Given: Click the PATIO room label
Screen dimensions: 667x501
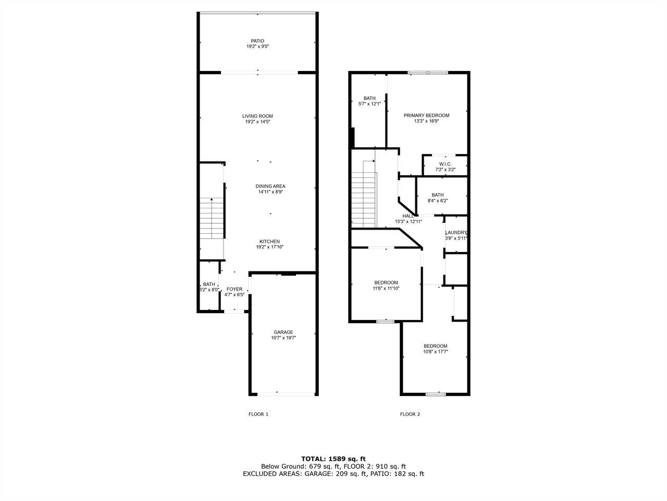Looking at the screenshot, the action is point(257,41).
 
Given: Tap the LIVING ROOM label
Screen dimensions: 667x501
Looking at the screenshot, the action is point(257,116).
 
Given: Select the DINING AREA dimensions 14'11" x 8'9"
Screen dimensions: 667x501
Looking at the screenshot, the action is point(270,192).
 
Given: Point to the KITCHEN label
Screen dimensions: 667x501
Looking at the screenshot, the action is point(269,241).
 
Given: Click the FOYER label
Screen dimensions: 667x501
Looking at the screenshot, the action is point(234,289).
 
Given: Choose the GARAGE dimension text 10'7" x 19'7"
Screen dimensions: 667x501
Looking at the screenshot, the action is point(283,338).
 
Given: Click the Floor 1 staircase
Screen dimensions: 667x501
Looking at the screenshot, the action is point(212,219).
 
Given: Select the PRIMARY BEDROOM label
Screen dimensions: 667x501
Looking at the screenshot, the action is point(426,115).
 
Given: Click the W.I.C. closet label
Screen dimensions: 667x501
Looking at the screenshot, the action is point(445,164).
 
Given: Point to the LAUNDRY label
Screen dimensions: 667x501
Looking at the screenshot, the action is point(456,232).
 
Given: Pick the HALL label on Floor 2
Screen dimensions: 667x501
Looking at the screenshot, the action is point(408,216).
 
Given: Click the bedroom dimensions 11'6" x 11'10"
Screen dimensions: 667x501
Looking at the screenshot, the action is point(386,288).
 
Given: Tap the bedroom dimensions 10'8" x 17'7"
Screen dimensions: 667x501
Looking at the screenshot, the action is point(436,352).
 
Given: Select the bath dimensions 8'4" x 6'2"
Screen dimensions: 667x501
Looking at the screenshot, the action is point(438,200).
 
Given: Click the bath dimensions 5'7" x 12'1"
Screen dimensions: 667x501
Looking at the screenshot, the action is point(369,104).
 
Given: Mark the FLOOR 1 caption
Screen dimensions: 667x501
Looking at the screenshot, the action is point(258,414).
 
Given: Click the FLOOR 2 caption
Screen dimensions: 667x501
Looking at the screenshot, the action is point(410,414).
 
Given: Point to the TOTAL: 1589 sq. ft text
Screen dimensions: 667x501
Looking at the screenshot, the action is point(333,459).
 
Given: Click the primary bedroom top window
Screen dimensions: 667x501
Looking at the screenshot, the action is point(428,73).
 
